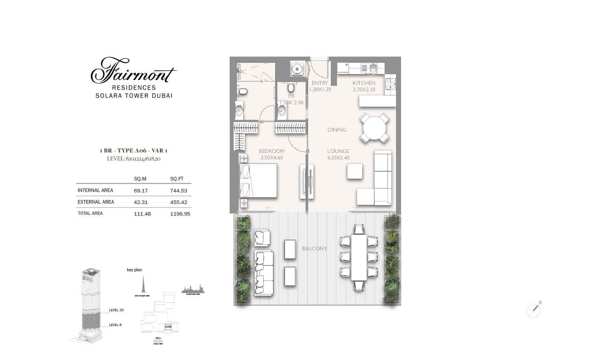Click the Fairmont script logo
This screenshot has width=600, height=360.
[133, 71]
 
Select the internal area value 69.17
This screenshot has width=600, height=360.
[140, 191]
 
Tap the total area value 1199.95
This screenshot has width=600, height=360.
[180, 214]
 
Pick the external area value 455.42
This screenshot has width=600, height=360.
[178, 202]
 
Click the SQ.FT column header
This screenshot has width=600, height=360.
[176, 179]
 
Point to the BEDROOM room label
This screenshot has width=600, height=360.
[272, 151]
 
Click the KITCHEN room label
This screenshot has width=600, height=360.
[364, 83]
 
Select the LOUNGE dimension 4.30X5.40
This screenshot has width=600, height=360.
[338, 158]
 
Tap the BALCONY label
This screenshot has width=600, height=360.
[314, 249]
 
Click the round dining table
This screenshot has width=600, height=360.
[374, 128]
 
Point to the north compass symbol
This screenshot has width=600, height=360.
[534, 309]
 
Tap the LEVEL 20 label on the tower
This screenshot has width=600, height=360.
[116, 310]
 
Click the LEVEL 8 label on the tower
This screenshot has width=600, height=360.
[115, 325]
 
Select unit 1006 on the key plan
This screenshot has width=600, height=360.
[168, 327]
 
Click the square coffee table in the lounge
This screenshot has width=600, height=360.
[355, 172]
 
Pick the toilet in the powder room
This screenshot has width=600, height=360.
[291, 87]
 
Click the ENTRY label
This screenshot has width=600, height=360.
[320, 83]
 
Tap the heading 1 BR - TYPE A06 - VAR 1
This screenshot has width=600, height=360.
[134, 151]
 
